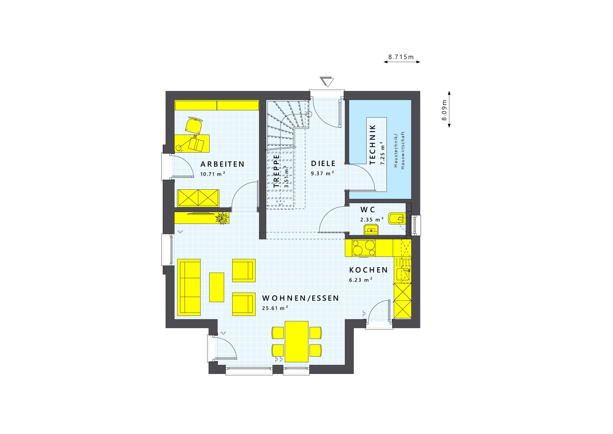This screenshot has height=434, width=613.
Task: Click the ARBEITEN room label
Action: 222,164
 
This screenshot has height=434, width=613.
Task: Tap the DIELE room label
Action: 323,164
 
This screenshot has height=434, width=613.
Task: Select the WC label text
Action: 367,210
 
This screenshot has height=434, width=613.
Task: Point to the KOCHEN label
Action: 368,270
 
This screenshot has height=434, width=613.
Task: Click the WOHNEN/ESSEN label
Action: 300,298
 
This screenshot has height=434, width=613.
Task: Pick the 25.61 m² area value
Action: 275,308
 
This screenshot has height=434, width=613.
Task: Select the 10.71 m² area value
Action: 212,174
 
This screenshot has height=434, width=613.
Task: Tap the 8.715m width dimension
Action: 401,57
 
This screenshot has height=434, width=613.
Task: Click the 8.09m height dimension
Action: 444,110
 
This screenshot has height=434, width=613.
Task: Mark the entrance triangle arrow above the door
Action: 327,82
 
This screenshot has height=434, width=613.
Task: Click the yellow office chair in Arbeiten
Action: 194,125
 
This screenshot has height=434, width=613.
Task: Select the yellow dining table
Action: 297,342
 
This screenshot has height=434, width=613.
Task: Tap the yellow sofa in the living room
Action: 189,288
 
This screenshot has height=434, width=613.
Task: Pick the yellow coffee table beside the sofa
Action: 216,287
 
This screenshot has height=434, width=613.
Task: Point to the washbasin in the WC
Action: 370,230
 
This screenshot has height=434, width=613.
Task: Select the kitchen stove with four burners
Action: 364,248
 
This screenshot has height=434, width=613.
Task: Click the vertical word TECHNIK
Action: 373,145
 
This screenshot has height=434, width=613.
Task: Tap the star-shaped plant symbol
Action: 221,218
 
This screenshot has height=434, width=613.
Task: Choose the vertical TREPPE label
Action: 277,171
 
